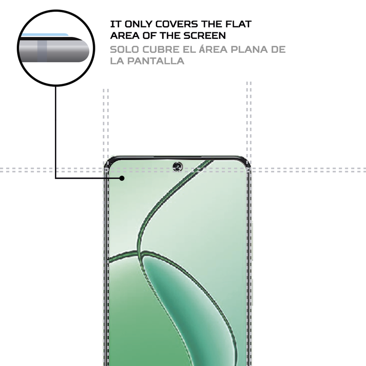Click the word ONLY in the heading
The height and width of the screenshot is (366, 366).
pos(136,24)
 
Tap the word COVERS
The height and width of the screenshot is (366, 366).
pos(177,24)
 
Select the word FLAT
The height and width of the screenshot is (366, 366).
pos(238,24)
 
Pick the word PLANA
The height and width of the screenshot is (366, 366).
pos(248,50)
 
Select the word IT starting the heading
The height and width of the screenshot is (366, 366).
pos(114,24)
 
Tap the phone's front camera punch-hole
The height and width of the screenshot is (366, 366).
pos(177,166)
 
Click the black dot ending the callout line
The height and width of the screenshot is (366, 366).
pos(122,178)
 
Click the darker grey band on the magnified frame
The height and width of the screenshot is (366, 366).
pos(42,49)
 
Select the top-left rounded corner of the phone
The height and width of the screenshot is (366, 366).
pos(110,161)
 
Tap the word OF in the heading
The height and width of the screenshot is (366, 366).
pos(145,35)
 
